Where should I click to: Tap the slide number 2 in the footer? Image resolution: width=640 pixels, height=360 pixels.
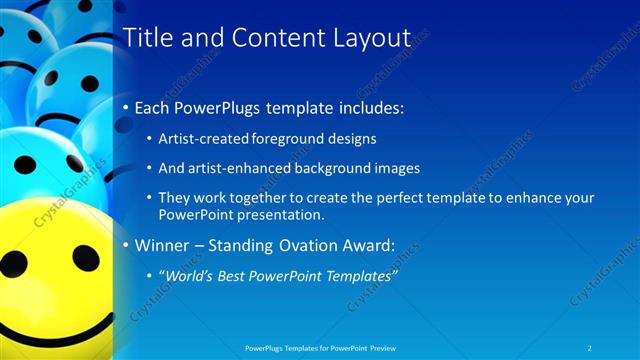click(x=591, y=347)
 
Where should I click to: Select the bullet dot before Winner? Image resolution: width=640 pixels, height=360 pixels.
click(x=125, y=246)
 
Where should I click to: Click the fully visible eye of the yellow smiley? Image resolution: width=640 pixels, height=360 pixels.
click(x=86, y=258)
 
